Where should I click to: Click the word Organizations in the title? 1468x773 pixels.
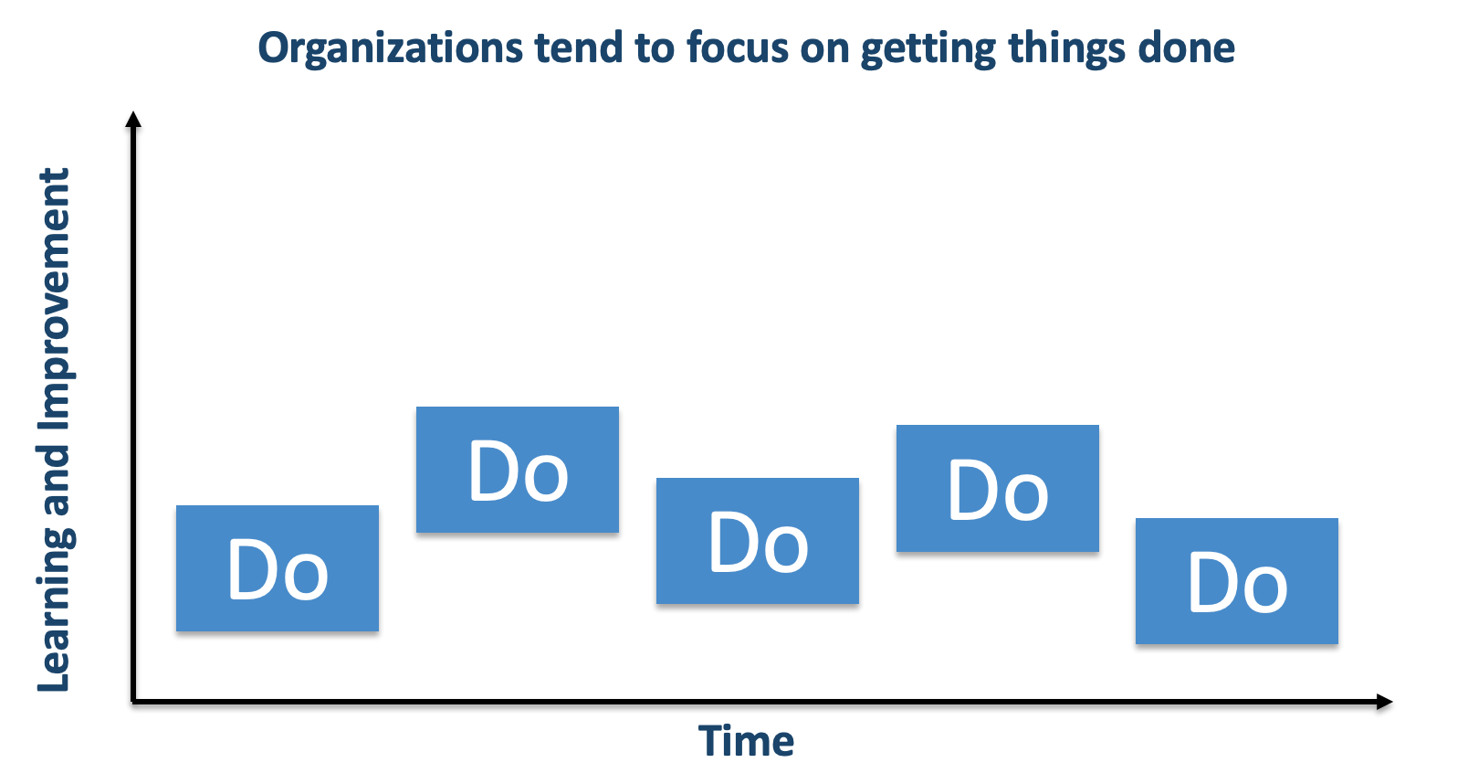pyautogui.click(x=390, y=48)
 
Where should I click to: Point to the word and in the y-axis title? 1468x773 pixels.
pyautogui.click(x=55, y=481)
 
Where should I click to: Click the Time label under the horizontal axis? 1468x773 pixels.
pyautogui.click(x=746, y=741)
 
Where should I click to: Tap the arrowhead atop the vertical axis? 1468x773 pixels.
pyautogui.click(x=133, y=119)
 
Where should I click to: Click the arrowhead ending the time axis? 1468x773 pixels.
pyautogui.click(x=1385, y=702)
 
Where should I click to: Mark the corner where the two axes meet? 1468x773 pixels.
pyautogui.click(x=133, y=702)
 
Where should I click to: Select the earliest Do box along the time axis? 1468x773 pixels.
pyautogui.click(x=278, y=568)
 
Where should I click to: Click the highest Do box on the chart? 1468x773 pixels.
pyautogui.click(x=518, y=470)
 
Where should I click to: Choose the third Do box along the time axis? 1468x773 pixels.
pyautogui.click(x=758, y=541)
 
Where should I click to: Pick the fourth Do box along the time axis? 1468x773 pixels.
pyautogui.click(x=998, y=488)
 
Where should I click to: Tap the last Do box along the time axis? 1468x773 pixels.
pyautogui.click(x=1237, y=581)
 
